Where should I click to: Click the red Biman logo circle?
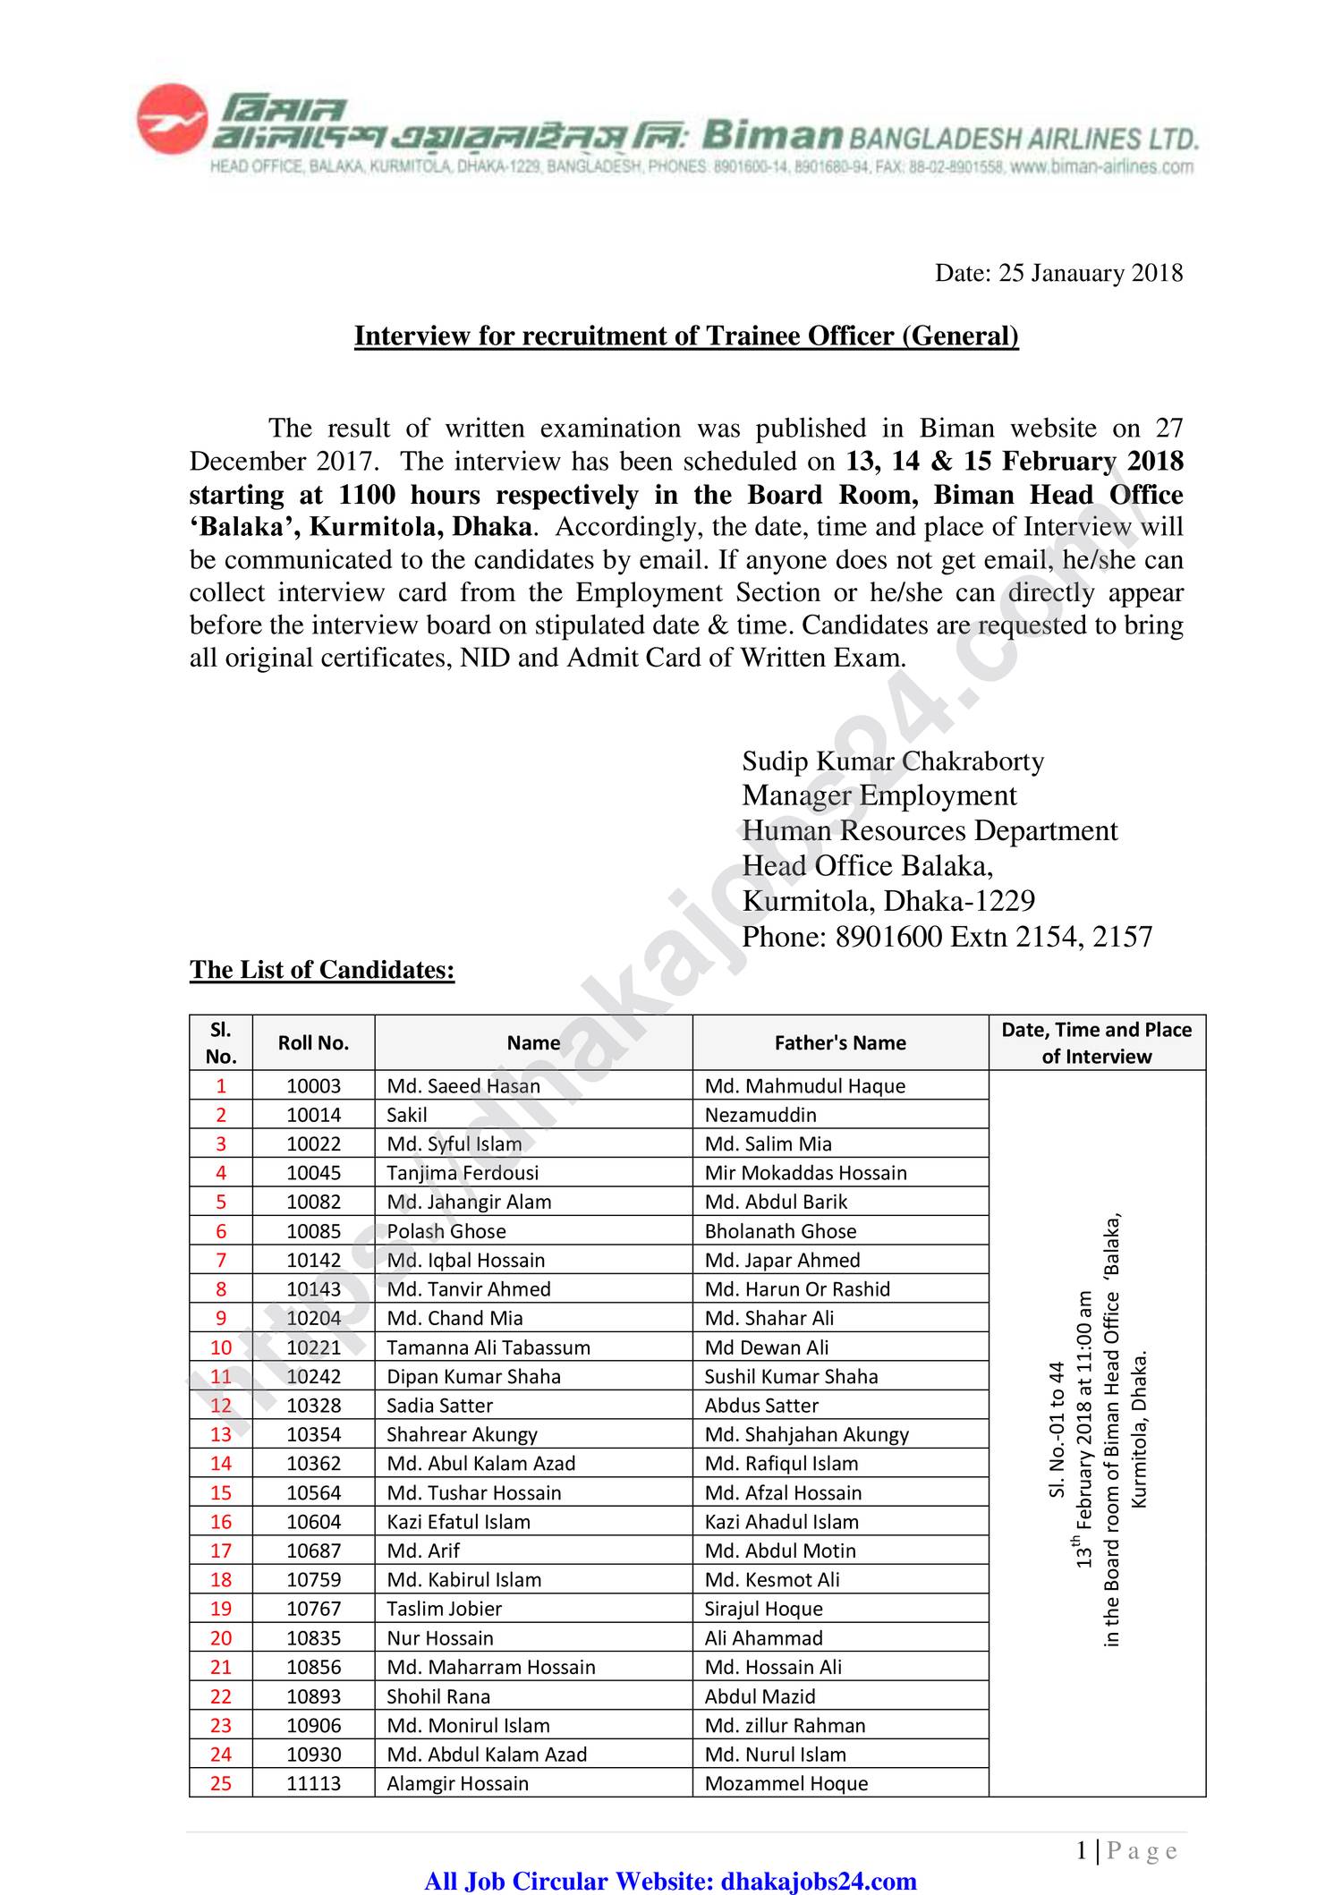[x=172, y=119]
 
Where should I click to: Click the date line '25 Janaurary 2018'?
[x=1058, y=273]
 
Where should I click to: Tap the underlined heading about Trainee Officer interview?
[x=686, y=336]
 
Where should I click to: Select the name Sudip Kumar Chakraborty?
[x=892, y=761]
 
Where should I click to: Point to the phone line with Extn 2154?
[x=947, y=937]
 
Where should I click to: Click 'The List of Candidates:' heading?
[x=322, y=970]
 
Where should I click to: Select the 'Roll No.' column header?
[x=313, y=1042]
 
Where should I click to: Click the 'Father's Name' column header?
[x=839, y=1042]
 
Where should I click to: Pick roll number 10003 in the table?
[x=313, y=1085]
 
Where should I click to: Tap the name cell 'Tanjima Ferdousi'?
[x=463, y=1173]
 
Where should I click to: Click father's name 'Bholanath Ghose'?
[x=780, y=1231]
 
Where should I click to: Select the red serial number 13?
[x=221, y=1434]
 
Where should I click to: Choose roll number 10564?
[x=313, y=1492]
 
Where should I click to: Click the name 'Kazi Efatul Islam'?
[x=458, y=1522]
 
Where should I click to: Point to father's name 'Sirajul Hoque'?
[x=763, y=1609]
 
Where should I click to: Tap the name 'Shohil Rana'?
[x=437, y=1696]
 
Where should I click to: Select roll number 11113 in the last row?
[x=313, y=1783]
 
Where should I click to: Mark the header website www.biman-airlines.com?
[x=1101, y=166]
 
